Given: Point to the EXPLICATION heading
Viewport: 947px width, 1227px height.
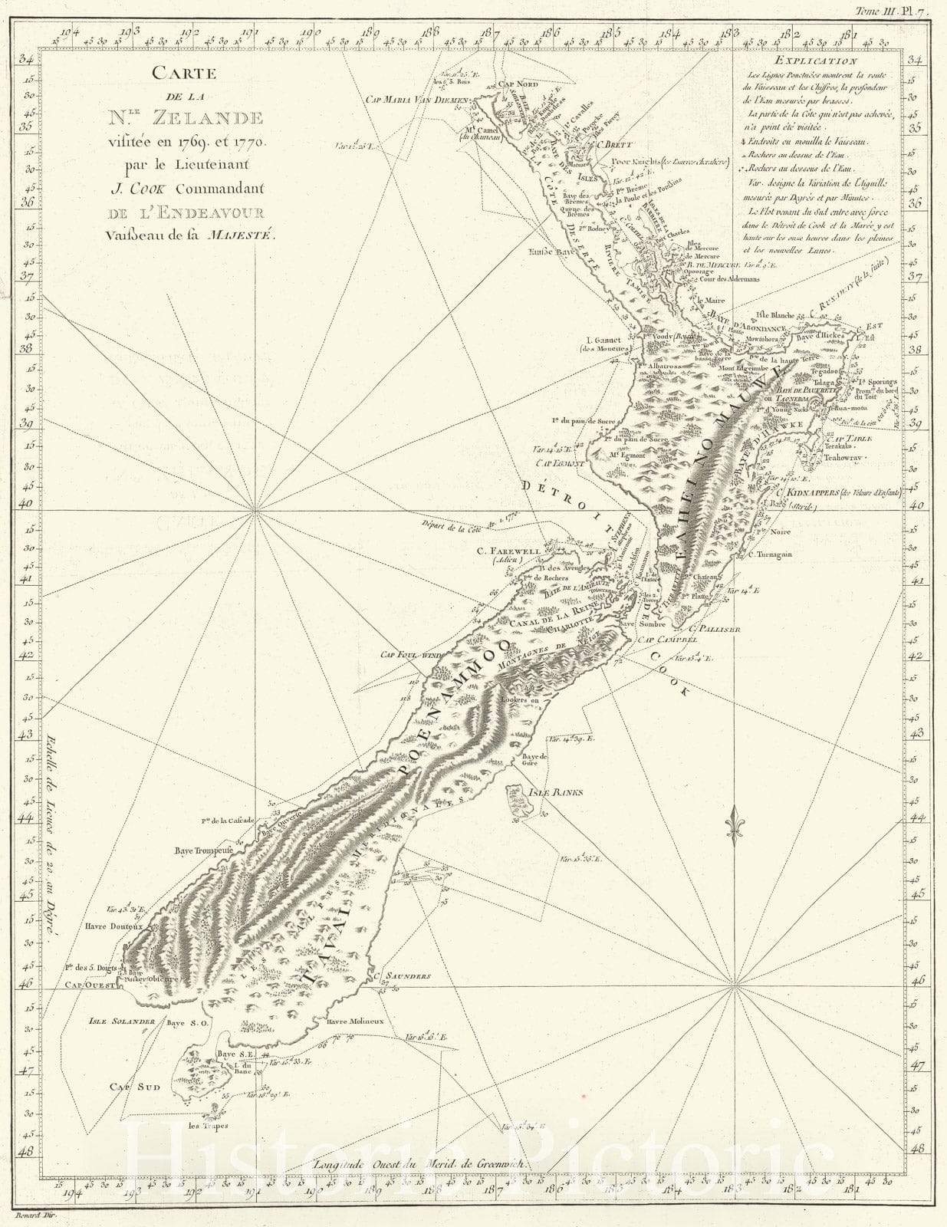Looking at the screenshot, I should click(815, 61).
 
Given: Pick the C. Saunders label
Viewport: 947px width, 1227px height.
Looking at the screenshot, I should click(403, 977).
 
